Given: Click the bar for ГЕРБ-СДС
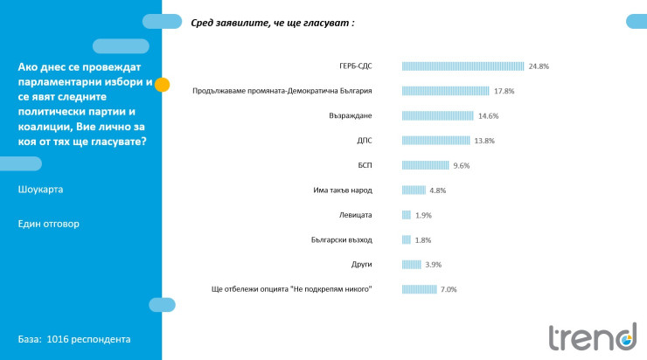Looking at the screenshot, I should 463,66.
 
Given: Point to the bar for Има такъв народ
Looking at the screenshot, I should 414,190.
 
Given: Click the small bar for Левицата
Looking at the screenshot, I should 407,214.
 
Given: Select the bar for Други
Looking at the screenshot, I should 412,264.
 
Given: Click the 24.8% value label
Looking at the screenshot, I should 539,66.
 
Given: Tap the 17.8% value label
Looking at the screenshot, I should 504,90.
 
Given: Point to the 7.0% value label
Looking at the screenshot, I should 449,289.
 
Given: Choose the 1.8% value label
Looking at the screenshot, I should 423,239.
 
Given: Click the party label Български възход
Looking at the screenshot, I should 342,239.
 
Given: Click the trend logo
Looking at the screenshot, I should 592,336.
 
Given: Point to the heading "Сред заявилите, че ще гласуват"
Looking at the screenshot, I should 273,24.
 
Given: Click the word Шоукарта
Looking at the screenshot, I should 40,189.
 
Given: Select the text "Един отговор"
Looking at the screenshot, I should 48,224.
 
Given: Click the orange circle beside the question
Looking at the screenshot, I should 162,86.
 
